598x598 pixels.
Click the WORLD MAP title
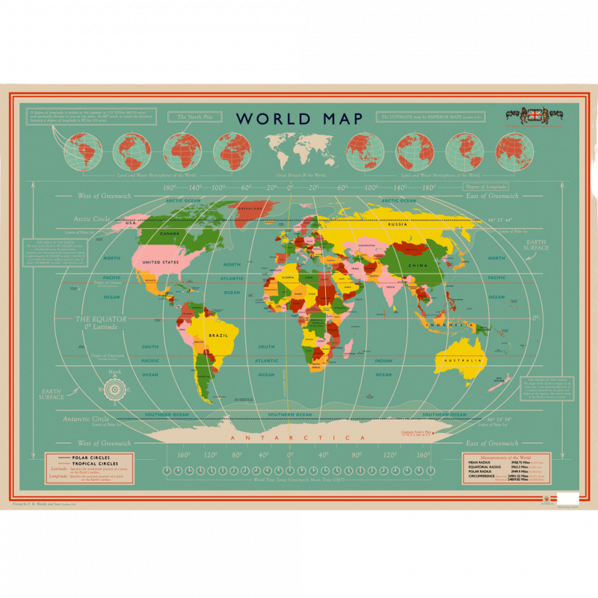300,119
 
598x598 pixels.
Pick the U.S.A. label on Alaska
132,223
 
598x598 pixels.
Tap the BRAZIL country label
218,336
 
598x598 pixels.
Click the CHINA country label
416,265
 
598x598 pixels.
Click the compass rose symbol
114,389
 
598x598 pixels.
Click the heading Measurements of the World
507,457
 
